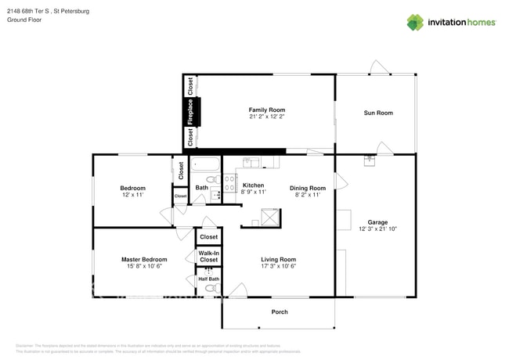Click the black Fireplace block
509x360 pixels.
(190, 112)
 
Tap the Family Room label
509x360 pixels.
(266, 110)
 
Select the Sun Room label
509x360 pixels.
(377, 113)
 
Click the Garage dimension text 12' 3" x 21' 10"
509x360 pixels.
(377, 229)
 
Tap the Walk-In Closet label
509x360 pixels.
(208, 256)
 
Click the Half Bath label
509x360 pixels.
(208, 279)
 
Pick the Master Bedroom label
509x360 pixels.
(143, 259)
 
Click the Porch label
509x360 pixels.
(280, 311)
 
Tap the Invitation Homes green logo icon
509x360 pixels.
(414, 22)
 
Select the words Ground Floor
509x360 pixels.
(24, 20)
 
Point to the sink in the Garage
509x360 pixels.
(370, 162)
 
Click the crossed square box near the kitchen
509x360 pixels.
(270, 217)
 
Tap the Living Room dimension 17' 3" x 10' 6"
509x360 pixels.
(278, 266)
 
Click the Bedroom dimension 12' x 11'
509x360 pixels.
(132, 195)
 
